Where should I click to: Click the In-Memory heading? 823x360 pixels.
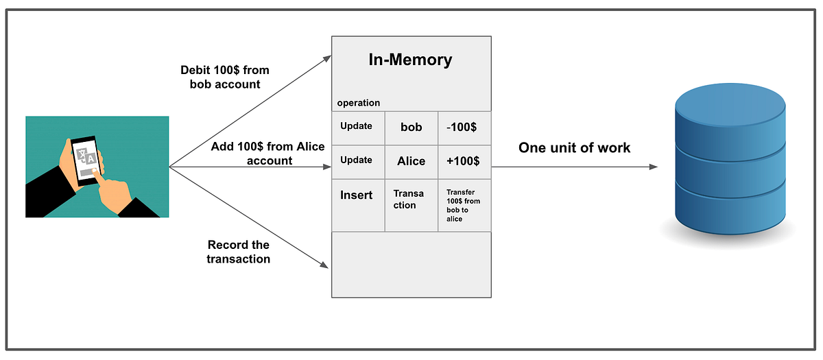pos(411,60)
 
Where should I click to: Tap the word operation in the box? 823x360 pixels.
pos(358,103)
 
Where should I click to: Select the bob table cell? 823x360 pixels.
pos(411,128)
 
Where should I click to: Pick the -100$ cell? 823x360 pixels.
pos(464,128)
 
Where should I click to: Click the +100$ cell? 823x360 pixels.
pos(464,162)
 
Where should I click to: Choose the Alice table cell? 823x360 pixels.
pos(411,162)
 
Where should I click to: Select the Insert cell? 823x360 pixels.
pos(357,195)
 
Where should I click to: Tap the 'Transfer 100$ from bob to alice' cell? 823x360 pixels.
pos(464,205)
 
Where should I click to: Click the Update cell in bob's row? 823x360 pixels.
pos(357,126)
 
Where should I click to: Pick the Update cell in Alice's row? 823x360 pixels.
pos(357,160)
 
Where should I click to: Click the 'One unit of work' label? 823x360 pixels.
pos(574,147)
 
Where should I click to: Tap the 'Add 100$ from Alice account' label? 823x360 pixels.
pos(252,154)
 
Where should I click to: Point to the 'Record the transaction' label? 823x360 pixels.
pos(239,252)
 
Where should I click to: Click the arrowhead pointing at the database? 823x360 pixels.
pos(653,167)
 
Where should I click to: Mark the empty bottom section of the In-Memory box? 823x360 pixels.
pos(411,264)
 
